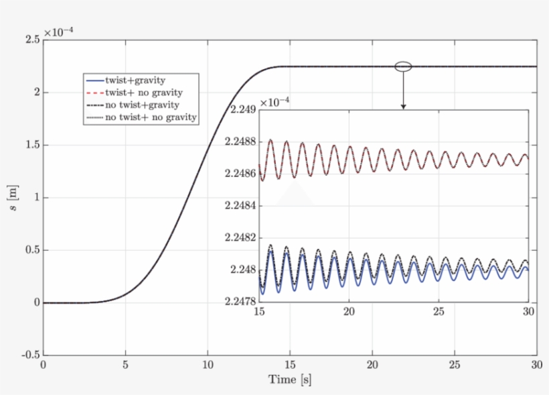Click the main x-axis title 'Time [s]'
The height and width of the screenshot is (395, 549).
tap(290, 380)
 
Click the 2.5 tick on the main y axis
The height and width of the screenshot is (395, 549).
tap(31, 40)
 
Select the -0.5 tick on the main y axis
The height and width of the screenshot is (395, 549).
tap(29, 355)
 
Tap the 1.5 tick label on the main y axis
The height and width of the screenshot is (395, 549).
tap(31, 146)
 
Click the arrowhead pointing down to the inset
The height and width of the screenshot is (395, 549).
tap(403, 105)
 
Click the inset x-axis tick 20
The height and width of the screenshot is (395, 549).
tap(349, 312)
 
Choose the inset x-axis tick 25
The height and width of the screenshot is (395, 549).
tap(439, 312)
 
